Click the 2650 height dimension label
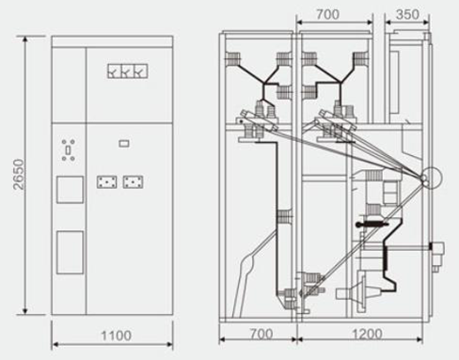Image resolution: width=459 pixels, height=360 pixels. (20, 174)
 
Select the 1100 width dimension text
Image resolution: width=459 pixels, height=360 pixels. (116, 336)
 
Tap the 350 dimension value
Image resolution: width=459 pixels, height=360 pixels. (407, 14)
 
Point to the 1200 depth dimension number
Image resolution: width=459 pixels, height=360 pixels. (367, 334)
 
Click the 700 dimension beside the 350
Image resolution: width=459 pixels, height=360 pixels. (327, 14)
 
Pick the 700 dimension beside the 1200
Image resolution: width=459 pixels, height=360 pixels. (261, 334)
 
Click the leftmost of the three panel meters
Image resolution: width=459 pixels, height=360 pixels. (114, 71)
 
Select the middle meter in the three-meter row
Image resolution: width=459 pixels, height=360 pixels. (127, 71)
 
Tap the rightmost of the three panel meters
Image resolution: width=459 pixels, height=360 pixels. (140, 71)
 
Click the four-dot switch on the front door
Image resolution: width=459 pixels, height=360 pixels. (68, 150)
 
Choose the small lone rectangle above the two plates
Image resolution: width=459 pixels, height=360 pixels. (124, 144)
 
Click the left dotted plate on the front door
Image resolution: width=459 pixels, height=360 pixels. (107, 182)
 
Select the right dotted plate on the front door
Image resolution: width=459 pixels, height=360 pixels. (133, 182)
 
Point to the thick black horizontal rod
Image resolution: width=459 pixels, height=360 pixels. (372, 225)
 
